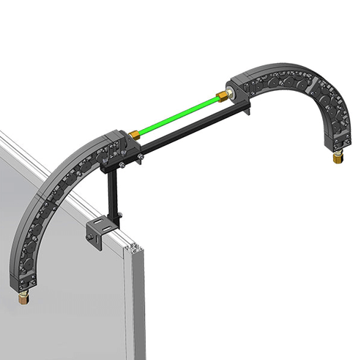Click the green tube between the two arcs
[179, 114]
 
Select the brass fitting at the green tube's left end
[136, 136]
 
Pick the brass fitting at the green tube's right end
[220, 95]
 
